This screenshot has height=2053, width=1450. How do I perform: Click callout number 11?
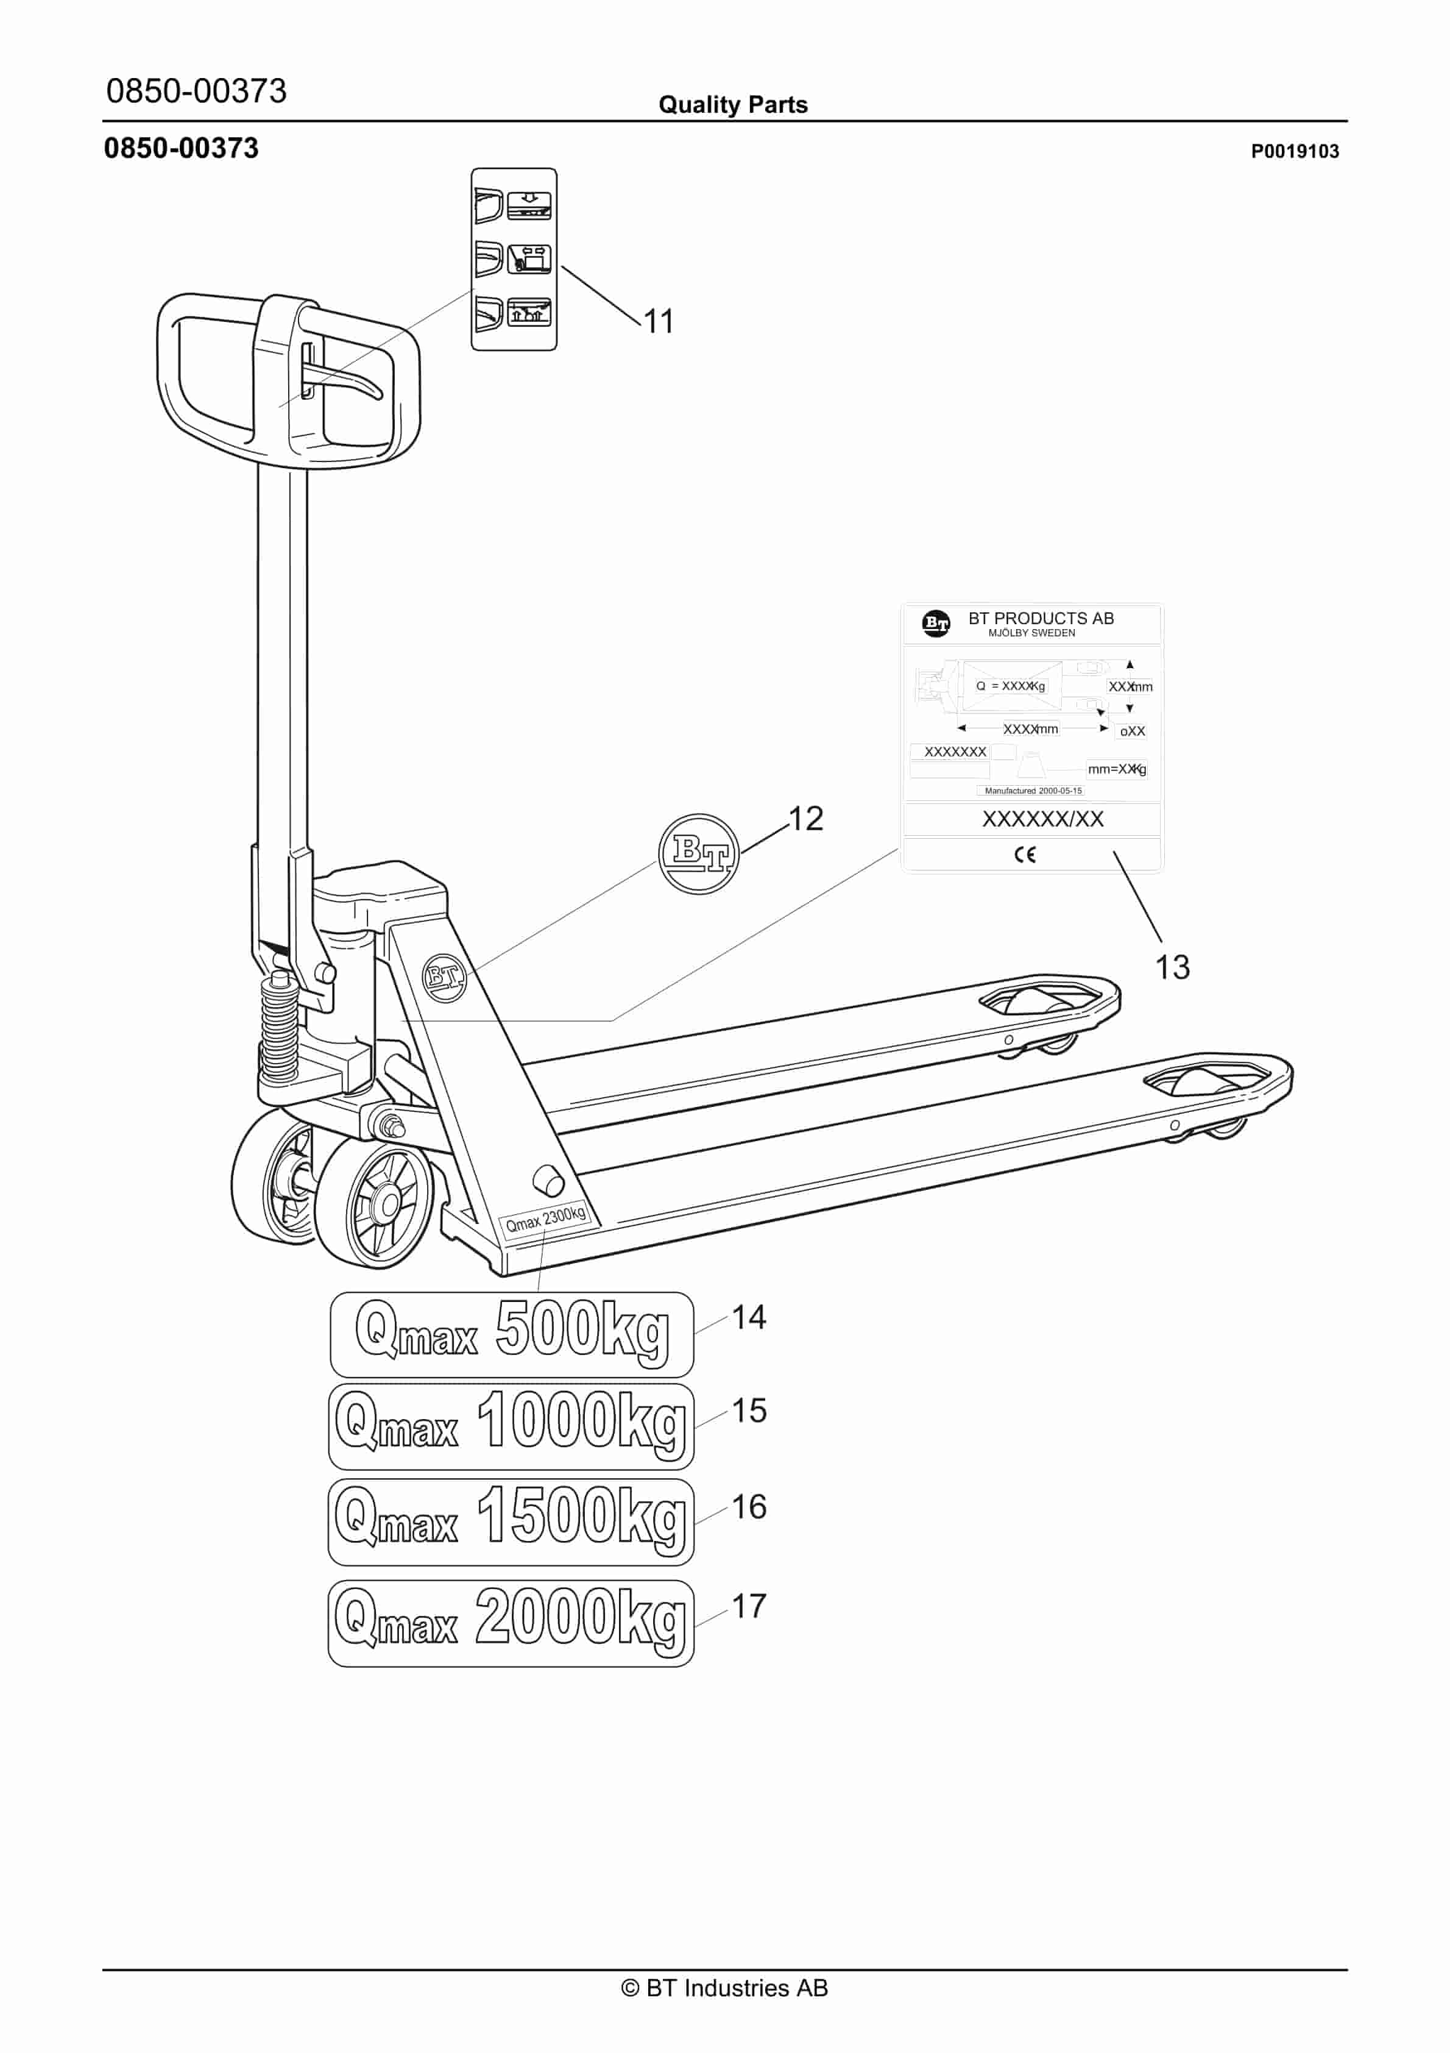(659, 322)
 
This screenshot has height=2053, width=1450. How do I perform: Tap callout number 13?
(1172, 967)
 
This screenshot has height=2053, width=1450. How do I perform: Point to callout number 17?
(749, 1606)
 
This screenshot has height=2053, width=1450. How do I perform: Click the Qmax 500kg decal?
(511, 1334)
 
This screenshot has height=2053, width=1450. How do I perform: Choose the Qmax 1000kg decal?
(511, 1426)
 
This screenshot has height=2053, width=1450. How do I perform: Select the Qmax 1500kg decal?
(511, 1522)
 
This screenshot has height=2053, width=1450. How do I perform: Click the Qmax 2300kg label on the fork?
(545, 1218)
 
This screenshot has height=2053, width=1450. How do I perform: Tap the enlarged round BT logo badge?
(699, 854)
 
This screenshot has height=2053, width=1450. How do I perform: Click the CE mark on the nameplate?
(1025, 855)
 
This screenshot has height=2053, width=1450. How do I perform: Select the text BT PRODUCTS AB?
(1041, 618)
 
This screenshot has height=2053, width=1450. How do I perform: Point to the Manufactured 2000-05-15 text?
(1033, 791)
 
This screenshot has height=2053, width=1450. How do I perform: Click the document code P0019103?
(1295, 151)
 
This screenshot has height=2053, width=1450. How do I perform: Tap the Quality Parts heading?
(733, 105)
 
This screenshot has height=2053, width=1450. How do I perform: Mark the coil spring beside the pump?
(279, 1028)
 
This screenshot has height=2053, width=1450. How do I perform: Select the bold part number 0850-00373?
(182, 148)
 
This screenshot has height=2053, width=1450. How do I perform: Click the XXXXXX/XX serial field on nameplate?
(1042, 819)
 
